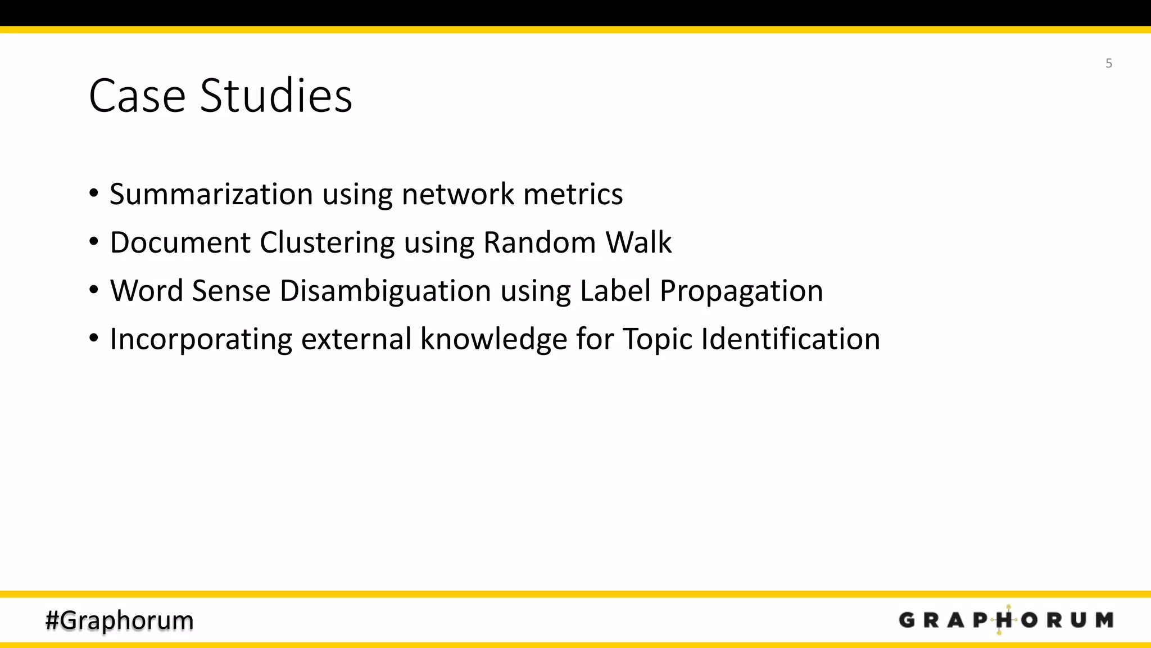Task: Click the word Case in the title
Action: pyautogui.click(x=137, y=96)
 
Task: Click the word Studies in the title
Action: pyautogui.click(x=276, y=96)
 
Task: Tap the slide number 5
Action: pyautogui.click(x=1108, y=63)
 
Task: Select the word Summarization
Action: pyautogui.click(x=211, y=194)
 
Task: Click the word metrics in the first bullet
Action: pyautogui.click(x=573, y=194)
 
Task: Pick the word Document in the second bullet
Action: pyautogui.click(x=180, y=242)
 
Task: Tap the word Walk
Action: pyautogui.click(x=638, y=242)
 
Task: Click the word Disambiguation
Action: pyautogui.click(x=385, y=291)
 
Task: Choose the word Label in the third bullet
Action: pyautogui.click(x=615, y=291)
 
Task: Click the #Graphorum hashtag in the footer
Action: pyautogui.click(x=119, y=620)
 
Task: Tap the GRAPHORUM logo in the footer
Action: pyautogui.click(x=1005, y=620)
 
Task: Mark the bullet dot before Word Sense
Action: pyautogui.click(x=94, y=290)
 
